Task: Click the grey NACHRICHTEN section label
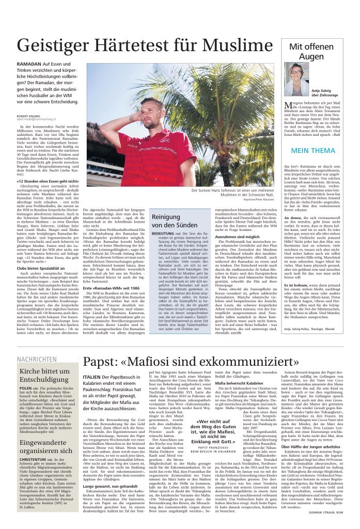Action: [x=37, y=344]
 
